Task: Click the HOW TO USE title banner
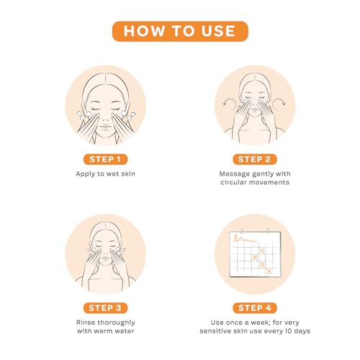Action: tap(179, 30)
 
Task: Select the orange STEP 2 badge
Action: tap(254, 158)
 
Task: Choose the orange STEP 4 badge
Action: tap(254, 307)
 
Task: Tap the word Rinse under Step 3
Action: tap(87, 322)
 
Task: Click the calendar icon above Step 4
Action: tap(254, 253)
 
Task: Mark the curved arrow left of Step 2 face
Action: tap(225, 103)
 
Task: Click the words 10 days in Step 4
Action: tap(296, 332)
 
